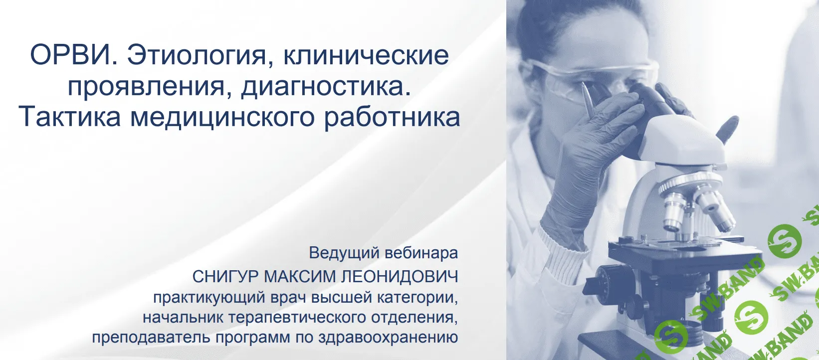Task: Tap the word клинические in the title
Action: [x=366, y=55]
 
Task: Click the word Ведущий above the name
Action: [x=340, y=253]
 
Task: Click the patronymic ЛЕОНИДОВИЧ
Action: [x=399, y=276]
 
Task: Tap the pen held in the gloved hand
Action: [x=588, y=100]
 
